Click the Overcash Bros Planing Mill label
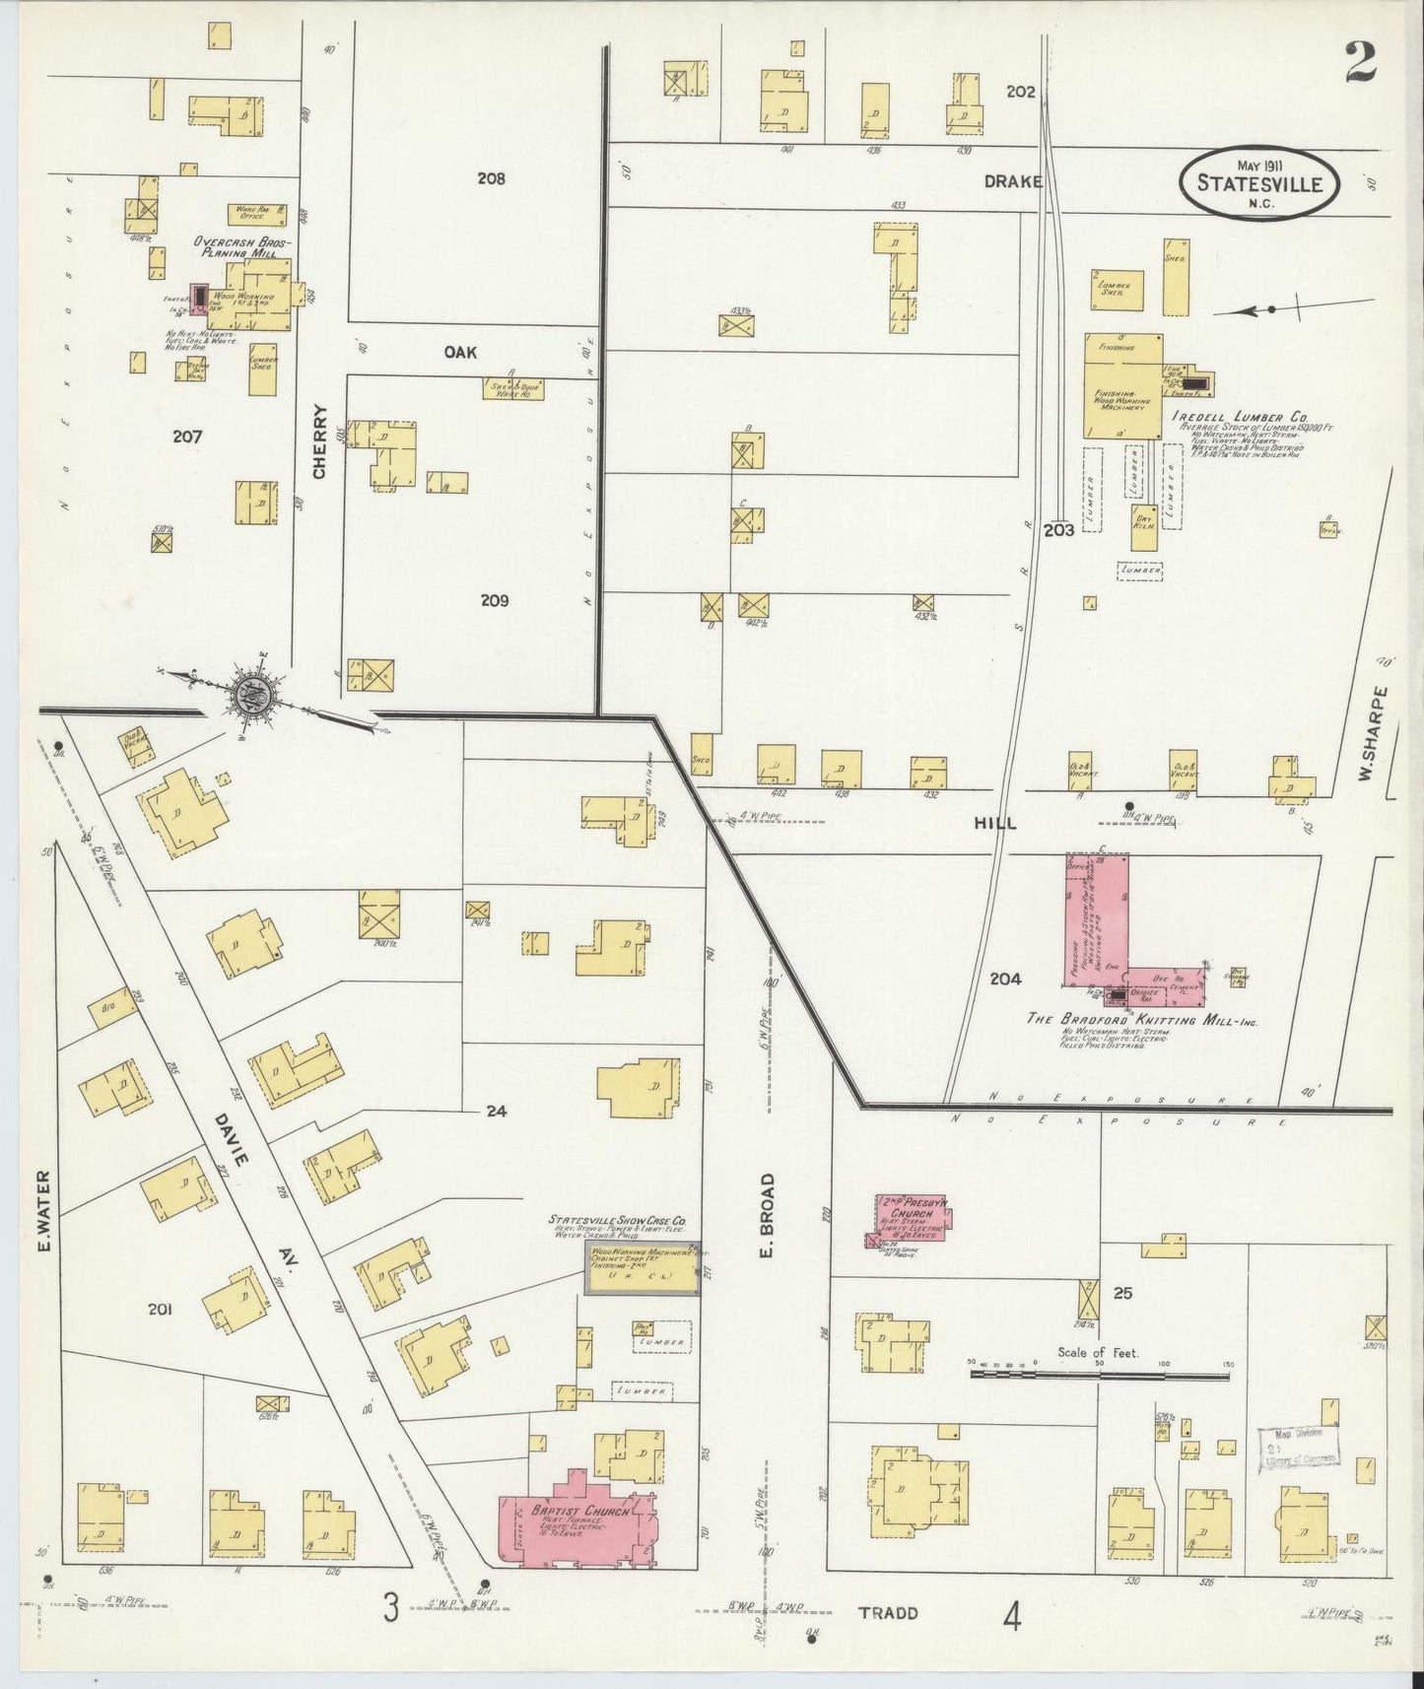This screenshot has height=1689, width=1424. pyautogui.click(x=242, y=246)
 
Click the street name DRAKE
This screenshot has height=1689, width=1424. pyautogui.click(x=1012, y=181)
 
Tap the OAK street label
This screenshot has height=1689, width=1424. pyautogui.click(x=460, y=351)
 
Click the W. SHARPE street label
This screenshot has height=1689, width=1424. pyautogui.click(x=1365, y=733)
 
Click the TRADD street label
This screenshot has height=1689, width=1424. pyautogui.click(x=887, y=1612)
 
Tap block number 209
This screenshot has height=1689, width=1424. pyautogui.click(x=494, y=600)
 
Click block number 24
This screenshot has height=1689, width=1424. pyautogui.click(x=496, y=1111)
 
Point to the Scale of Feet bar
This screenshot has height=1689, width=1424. pyautogui.click(x=1099, y=1371)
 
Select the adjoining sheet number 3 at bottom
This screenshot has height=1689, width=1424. pyautogui.click(x=391, y=1610)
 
